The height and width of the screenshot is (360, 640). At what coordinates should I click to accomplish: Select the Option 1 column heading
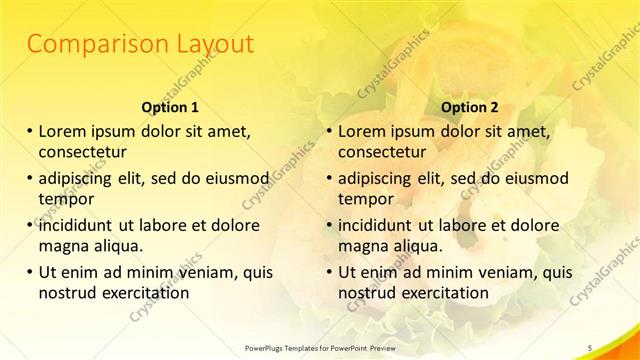coord(170,107)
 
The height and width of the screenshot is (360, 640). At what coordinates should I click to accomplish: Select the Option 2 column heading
coord(470,107)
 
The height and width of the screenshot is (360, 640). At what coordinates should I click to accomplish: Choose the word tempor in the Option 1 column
coord(63,200)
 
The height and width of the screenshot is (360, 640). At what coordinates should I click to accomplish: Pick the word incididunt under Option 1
coord(79,225)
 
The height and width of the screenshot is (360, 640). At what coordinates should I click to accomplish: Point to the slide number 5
coord(590,347)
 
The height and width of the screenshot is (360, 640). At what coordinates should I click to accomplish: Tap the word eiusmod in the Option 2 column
coord(534,178)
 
